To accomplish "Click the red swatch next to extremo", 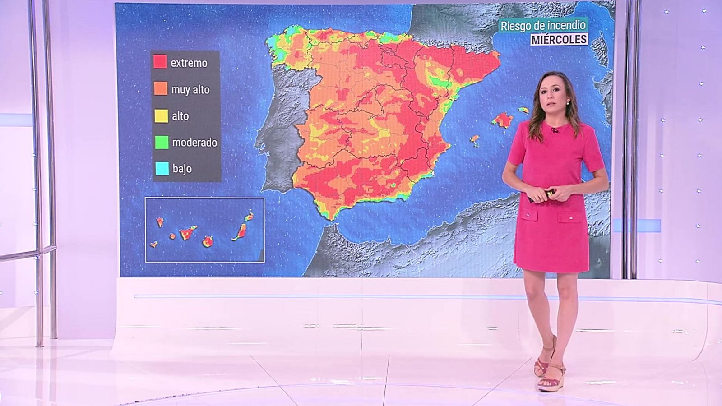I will (x=160, y=62).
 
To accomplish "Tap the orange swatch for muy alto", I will (x=161, y=88).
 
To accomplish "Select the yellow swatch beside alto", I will (x=161, y=115).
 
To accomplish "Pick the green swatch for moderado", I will (x=162, y=142).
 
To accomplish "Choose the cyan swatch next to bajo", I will (x=162, y=168).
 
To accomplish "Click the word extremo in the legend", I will (x=189, y=63).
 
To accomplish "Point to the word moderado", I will (x=194, y=143).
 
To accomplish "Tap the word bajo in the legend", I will (x=182, y=169).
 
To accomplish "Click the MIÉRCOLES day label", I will (x=559, y=40).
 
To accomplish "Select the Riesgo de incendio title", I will (x=543, y=26).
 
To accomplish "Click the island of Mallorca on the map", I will (x=502, y=120).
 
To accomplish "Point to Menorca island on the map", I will (x=523, y=110).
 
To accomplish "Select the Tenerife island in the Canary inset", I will (x=187, y=233).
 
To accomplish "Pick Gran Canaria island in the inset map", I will (x=208, y=242).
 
